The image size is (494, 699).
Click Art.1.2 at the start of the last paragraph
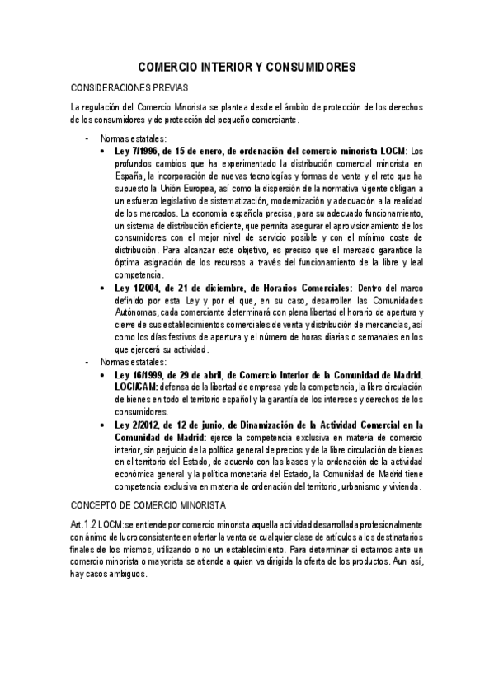point(84,525)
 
